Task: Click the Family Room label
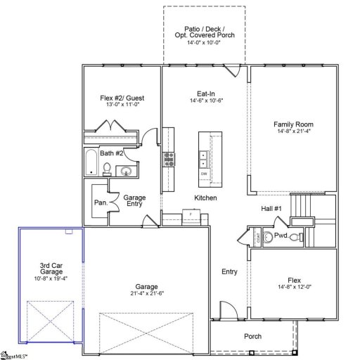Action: (292, 124)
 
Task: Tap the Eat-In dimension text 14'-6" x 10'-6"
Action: (205, 101)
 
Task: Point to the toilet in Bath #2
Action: (107, 168)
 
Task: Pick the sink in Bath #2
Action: (127, 170)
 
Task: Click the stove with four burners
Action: (169, 159)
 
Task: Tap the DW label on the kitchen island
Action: (204, 173)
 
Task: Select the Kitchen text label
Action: (205, 198)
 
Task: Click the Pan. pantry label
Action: (101, 202)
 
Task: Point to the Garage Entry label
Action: (134, 200)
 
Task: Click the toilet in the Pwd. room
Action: (295, 237)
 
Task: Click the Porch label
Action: (252, 336)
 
